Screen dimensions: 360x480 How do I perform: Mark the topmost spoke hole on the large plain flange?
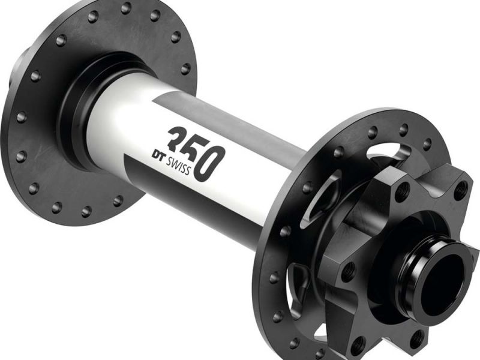126,8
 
